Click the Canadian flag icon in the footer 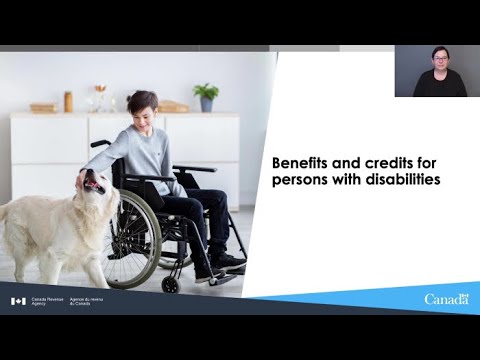pos(18,301)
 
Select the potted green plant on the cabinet pos(207,96)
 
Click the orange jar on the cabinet pos(68,101)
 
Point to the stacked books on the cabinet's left pos(43,107)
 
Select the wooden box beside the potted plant pos(174,106)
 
